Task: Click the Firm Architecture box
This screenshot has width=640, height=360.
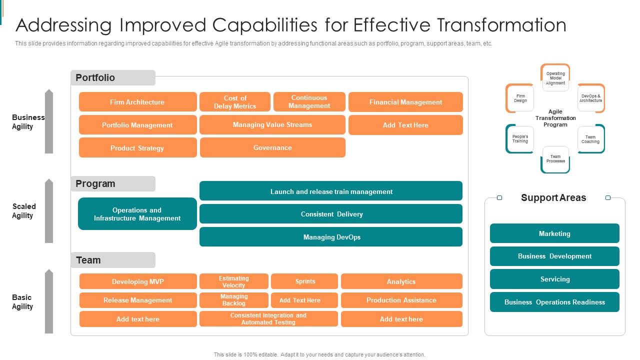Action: coord(137,102)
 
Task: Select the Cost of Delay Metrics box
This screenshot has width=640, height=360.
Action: coord(235,102)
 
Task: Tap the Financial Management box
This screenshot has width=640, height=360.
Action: coord(405,102)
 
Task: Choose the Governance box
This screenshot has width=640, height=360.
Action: coord(272,147)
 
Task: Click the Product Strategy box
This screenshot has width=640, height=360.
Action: coord(137,148)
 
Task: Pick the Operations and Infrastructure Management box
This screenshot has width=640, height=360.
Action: coord(137,214)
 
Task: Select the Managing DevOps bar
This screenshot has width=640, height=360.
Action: coord(331,237)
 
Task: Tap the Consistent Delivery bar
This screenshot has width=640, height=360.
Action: coord(331,214)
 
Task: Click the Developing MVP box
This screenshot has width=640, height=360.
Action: coord(138,281)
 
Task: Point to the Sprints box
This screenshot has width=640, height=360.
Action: coord(304,281)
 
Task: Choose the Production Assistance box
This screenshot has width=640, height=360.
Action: coord(401,300)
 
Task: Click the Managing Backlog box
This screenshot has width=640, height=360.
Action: coord(234,300)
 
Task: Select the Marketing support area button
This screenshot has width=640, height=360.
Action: coord(554,233)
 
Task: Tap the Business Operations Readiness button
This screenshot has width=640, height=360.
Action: coord(554,302)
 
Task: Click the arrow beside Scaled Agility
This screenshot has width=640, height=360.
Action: coord(48,211)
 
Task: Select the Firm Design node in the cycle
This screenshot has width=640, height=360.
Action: coord(520,98)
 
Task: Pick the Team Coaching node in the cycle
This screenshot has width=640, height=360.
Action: coord(590,139)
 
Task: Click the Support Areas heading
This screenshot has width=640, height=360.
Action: coord(553,197)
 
